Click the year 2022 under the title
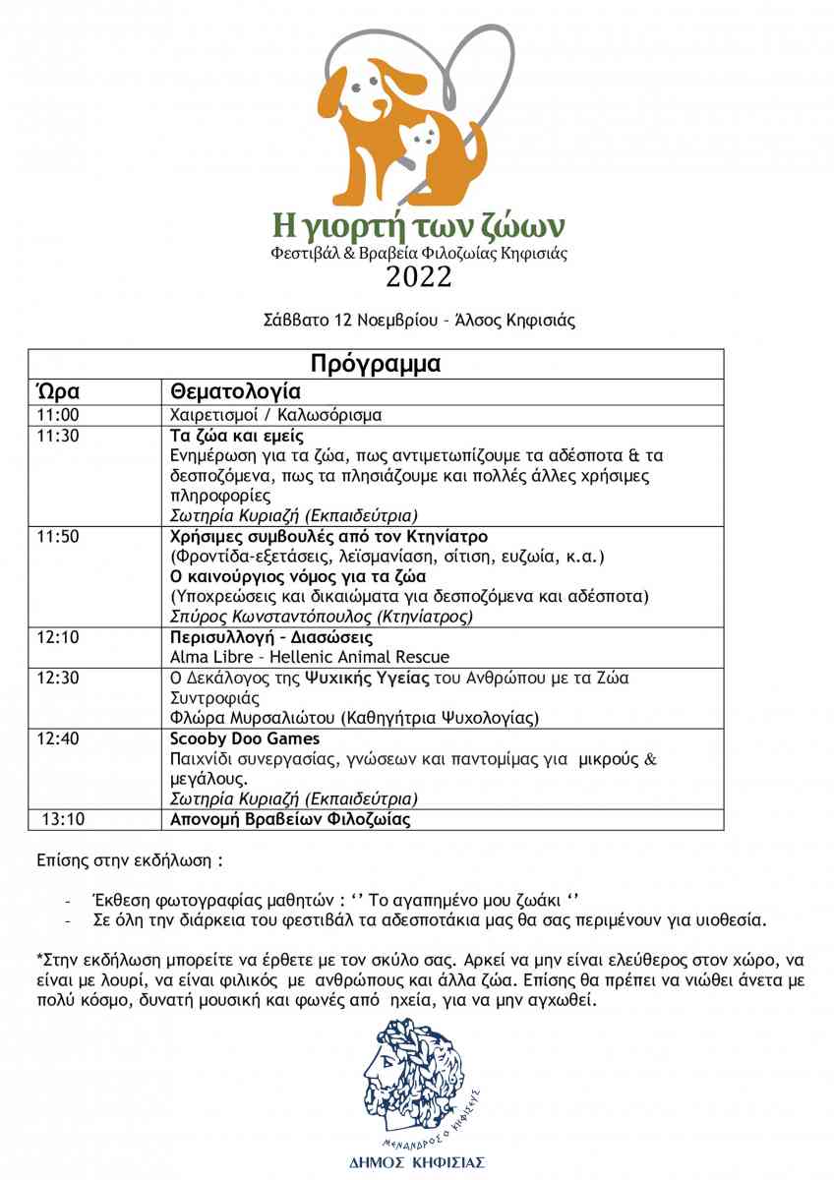coord(418,277)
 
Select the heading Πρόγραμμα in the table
coord(376,363)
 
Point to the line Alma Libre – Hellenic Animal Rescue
coord(310,657)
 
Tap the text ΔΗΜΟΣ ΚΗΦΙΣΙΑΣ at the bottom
coord(417,1162)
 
